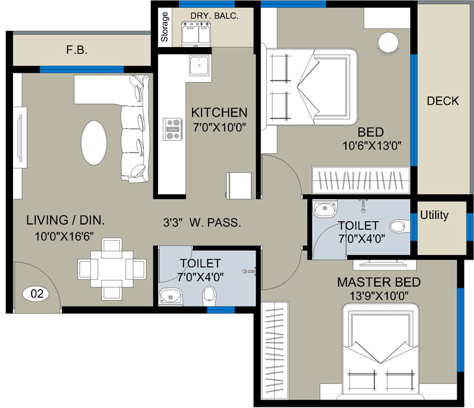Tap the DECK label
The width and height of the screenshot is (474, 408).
pyautogui.click(x=442, y=101)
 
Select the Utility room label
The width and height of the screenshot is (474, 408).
pyautogui.click(x=434, y=215)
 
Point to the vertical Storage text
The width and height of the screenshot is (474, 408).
pyautogui.click(x=165, y=27)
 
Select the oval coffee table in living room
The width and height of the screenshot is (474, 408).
pyautogui.click(x=94, y=143)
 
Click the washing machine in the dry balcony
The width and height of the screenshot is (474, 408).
pyautogui.click(x=200, y=34)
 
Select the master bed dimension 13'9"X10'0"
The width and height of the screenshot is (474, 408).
pyautogui.click(x=379, y=295)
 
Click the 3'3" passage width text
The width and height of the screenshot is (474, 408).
pyautogui.click(x=178, y=223)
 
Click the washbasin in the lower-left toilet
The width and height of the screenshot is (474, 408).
pyautogui.click(x=172, y=295)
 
